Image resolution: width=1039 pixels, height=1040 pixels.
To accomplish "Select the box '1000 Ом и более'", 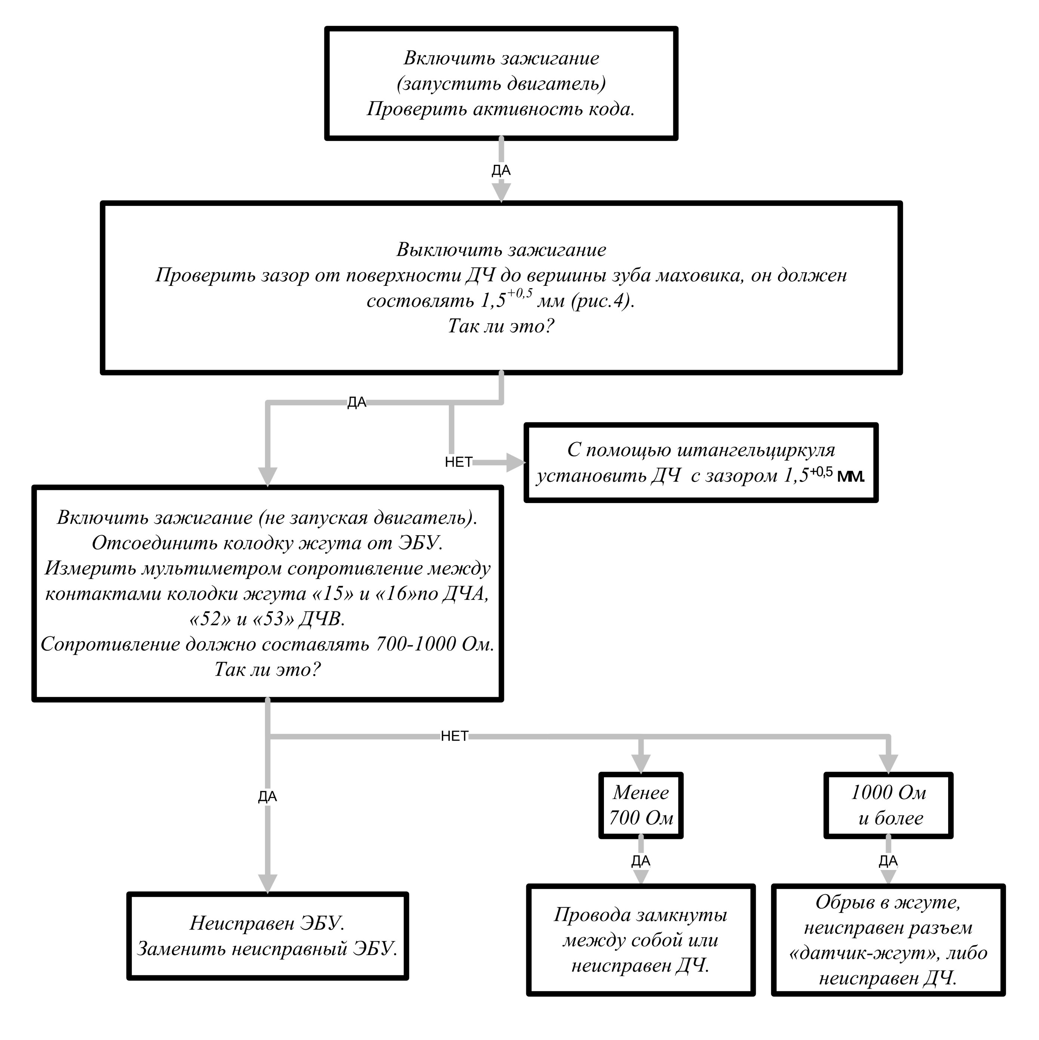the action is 888,805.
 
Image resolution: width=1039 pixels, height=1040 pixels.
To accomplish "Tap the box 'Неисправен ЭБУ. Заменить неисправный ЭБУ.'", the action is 268,936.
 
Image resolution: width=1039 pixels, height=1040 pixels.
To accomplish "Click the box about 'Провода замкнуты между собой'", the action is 641,940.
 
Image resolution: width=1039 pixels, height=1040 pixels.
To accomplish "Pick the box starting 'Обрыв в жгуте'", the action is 888,940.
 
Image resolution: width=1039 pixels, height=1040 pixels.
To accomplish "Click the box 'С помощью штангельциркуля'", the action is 701,463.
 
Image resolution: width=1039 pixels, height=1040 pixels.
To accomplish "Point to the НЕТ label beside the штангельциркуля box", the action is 459,462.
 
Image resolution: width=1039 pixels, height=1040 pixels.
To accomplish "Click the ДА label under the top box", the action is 501,171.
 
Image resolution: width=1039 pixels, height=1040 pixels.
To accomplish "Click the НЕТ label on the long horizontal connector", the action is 455,737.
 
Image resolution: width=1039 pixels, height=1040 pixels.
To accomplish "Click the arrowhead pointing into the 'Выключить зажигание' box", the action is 501,192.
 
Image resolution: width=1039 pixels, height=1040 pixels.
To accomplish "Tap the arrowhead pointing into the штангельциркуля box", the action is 516,462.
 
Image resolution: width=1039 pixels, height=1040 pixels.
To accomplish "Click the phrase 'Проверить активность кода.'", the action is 501,109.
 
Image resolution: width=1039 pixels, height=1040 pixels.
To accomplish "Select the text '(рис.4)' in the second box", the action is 604,300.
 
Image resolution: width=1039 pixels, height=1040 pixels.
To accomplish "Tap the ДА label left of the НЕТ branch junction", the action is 357,402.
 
